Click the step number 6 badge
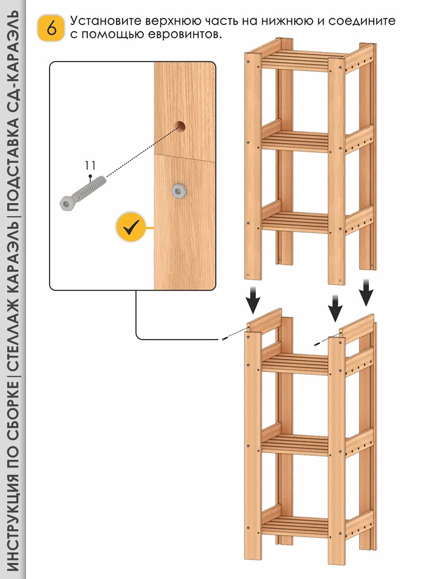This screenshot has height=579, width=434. click(51, 28)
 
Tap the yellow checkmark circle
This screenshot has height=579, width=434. click(130, 226)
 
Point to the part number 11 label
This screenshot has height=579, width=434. click(90, 165)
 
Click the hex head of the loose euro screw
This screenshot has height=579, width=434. click(66, 203)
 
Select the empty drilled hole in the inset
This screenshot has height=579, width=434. click(180, 126)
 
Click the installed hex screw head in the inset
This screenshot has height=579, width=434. click(179, 191)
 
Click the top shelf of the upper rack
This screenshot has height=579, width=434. click(295, 60)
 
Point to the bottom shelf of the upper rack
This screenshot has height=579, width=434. click(295, 222)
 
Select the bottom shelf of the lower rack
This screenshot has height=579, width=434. click(295, 526)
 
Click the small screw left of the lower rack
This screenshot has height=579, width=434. click(225, 339)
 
